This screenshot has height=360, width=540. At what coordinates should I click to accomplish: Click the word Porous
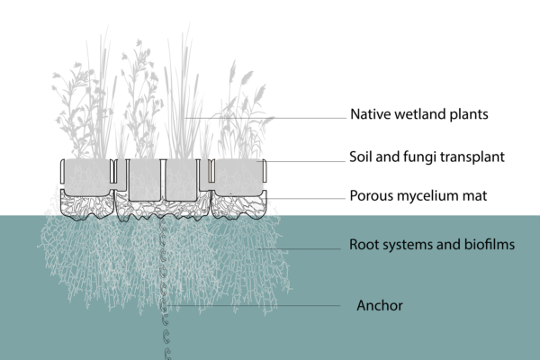(x=373, y=194)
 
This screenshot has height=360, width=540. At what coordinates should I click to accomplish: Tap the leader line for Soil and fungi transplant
(x=306, y=161)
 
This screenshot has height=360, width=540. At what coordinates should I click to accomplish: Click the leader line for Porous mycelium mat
(x=306, y=196)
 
